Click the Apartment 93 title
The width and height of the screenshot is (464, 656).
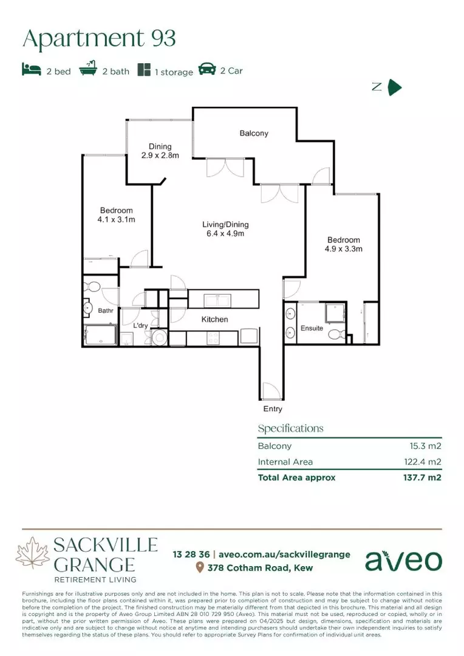[99, 39]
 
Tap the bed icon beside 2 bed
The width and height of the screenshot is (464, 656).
[32, 70]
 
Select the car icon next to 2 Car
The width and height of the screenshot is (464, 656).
[207, 70]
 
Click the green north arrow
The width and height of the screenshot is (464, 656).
[395, 87]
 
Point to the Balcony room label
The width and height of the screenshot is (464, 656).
[253, 133]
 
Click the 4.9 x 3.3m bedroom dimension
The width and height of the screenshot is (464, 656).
[343, 248]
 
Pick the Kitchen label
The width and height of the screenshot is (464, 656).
[215, 319]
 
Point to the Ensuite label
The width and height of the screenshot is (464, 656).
[312, 329]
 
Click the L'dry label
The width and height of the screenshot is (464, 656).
[140, 326]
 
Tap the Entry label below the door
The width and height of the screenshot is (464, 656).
[273, 409]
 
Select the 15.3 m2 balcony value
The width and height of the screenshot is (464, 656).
[425, 446]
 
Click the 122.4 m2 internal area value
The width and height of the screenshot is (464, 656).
[422, 462]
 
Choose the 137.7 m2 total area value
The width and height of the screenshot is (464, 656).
[422, 477]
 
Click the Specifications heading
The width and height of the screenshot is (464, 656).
[290, 428]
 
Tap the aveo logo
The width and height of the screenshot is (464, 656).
[403, 560]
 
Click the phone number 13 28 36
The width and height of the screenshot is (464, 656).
[191, 554]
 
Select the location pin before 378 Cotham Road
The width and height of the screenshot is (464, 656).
[199, 568]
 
